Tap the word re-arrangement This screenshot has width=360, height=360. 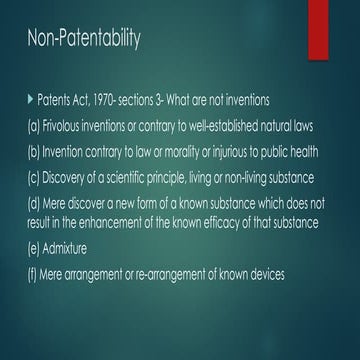click(x=186, y=273)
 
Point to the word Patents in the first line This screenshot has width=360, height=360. click(x=55, y=102)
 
